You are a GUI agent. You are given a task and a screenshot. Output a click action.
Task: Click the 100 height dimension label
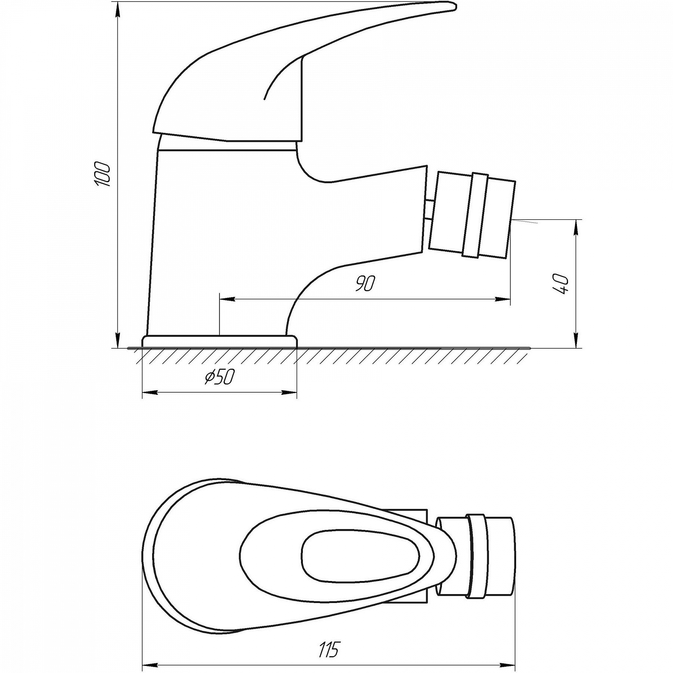click(102, 174)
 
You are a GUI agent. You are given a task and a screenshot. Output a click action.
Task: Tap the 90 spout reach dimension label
click(366, 283)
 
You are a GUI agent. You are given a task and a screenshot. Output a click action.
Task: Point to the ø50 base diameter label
click(219, 377)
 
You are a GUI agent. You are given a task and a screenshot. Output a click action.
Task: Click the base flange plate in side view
click(219, 341)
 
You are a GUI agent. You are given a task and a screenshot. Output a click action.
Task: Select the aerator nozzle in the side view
click(471, 215)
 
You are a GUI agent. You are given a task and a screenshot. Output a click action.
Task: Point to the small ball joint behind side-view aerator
click(429, 210)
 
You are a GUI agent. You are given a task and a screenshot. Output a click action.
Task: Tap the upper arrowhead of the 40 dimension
click(577, 226)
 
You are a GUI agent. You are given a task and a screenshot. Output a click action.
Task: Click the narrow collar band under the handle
click(227, 145)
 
